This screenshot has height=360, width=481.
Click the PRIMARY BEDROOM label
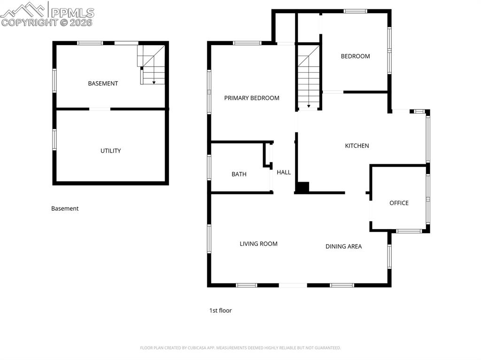pos(252,98)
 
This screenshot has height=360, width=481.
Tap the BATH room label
pos(239,174)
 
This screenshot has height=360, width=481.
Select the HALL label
pos(284,172)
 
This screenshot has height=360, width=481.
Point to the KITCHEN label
pos(357,146)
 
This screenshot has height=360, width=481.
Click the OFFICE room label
pos(399,203)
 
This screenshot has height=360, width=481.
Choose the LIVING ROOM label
pos(259,244)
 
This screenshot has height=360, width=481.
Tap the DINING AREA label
pos(343,246)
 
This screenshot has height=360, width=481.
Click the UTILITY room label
pos(110,151)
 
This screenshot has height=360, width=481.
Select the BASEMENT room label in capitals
pos(103,84)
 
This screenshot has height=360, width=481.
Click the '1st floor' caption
pos(221,310)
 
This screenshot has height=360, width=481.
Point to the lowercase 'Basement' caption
pos(65,208)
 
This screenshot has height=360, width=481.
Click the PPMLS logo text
pos(72,13)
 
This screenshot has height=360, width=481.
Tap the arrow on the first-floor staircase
pos(309,105)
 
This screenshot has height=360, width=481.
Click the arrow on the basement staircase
pos(154,82)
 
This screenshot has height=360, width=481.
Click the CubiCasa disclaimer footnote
pos(240,348)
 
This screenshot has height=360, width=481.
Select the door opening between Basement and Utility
pos(100,109)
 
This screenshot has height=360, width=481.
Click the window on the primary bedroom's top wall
pos(247,43)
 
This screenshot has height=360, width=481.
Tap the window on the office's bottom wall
pos(409,231)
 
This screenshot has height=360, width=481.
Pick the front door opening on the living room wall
pos(293,285)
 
